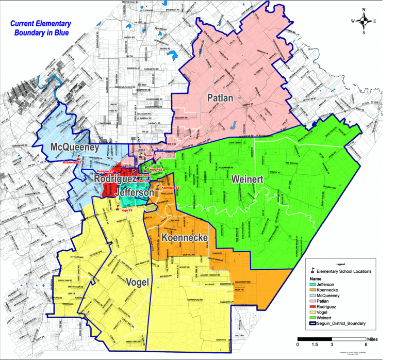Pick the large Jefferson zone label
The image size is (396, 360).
pyautogui.click(x=134, y=192)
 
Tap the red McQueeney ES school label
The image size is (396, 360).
pyautogui.click(x=73, y=162)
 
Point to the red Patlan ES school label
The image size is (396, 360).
pyautogui.click(x=150, y=155)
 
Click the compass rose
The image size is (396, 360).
pyautogui.click(x=364, y=21)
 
